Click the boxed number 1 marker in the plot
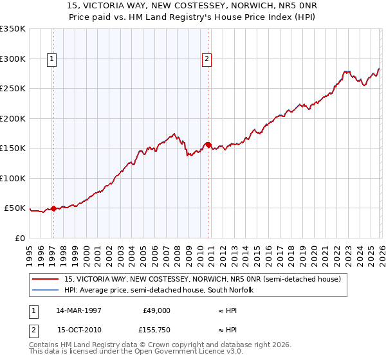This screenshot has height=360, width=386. tap(51, 59)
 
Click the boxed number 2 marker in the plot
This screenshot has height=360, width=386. tap(207, 59)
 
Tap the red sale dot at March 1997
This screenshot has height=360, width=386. tap(53, 208)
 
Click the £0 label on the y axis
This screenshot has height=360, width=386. tap(20, 238)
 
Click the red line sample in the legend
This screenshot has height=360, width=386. tap(46, 279)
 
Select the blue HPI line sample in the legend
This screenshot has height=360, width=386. tap(46, 290)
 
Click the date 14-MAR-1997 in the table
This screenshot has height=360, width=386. tap(78, 310)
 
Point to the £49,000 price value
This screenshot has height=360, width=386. tap(157, 310)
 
